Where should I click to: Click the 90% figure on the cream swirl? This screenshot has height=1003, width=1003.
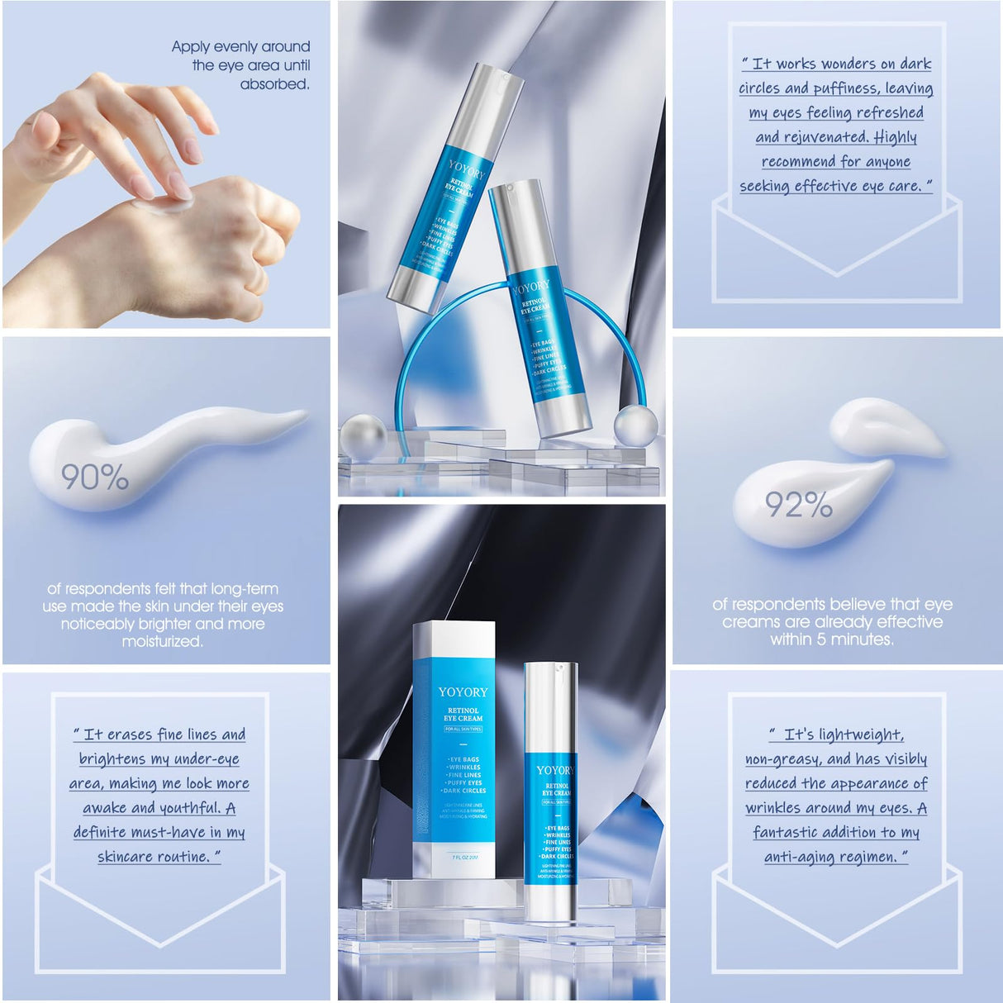94,478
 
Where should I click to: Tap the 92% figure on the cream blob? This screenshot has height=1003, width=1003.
798,505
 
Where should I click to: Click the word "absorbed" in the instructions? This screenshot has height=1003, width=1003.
273,84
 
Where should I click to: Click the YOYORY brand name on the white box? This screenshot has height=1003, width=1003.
463,692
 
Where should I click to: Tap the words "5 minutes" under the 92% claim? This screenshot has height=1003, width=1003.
850,639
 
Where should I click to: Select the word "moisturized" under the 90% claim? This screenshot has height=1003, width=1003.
161,642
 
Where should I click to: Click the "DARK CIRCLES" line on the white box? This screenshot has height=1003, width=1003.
464,791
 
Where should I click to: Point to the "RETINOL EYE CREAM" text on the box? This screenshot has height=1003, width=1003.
463,715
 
